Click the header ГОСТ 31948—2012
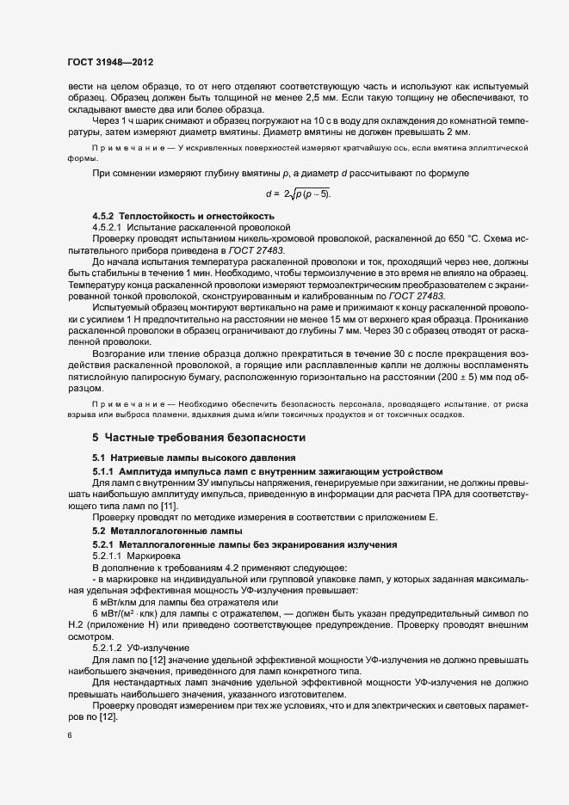pos(111,63)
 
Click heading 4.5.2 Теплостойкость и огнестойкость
pos(183,214)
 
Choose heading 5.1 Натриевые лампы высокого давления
pos(195,458)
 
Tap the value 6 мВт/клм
pos(128,601)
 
